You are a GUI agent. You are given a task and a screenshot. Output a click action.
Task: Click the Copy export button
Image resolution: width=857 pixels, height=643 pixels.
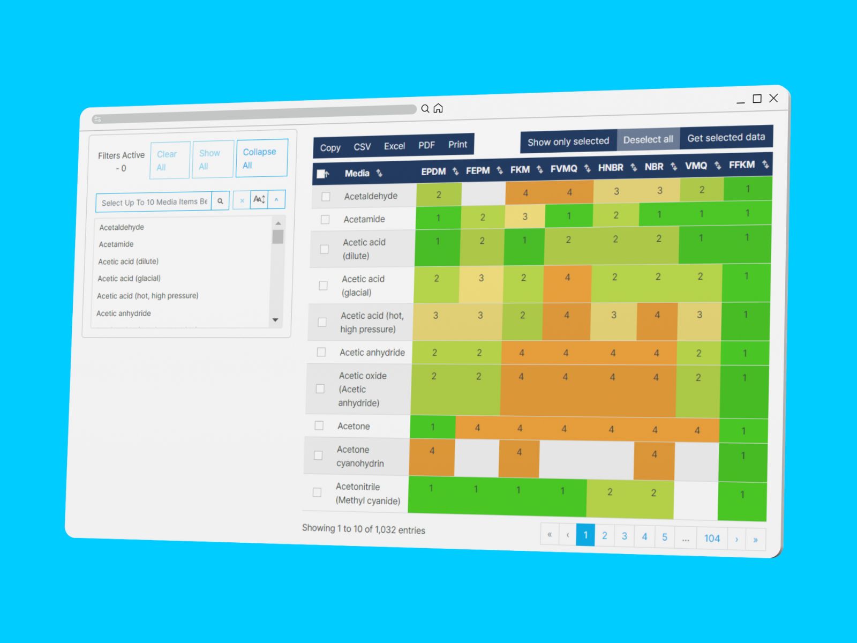tap(330, 147)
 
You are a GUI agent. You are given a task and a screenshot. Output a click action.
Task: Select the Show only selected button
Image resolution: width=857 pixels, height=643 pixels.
tap(568, 141)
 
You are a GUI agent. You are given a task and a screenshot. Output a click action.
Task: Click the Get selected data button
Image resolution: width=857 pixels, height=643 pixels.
tap(726, 138)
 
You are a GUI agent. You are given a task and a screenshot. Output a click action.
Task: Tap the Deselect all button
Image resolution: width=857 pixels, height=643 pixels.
tap(648, 139)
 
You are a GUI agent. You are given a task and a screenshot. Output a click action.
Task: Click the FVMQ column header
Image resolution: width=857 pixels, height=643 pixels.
tap(564, 169)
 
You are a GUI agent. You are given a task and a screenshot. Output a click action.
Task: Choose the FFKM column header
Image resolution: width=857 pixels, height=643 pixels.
tap(742, 165)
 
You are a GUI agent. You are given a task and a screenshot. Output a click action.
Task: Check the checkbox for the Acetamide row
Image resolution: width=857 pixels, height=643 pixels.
tap(325, 219)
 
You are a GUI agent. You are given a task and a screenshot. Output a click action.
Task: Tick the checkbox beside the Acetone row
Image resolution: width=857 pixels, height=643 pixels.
tap(319, 425)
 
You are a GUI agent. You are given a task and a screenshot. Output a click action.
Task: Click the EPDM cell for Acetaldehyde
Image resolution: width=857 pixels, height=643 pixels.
tap(439, 195)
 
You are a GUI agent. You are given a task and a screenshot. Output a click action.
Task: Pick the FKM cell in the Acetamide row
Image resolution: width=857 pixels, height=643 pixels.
tap(525, 216)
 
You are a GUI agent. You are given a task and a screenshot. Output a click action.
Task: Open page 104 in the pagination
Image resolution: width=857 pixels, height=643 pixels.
tap(712, 538)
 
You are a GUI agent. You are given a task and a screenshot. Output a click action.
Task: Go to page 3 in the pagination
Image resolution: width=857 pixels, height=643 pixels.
tap(625, 536)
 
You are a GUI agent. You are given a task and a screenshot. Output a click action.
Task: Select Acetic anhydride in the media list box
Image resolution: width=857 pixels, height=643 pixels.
tap(124, 313)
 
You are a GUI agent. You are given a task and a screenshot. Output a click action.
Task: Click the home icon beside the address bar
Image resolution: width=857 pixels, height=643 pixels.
tap(438, 108)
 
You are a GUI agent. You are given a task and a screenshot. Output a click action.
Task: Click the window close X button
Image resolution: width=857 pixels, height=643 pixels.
tap(773, 98)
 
